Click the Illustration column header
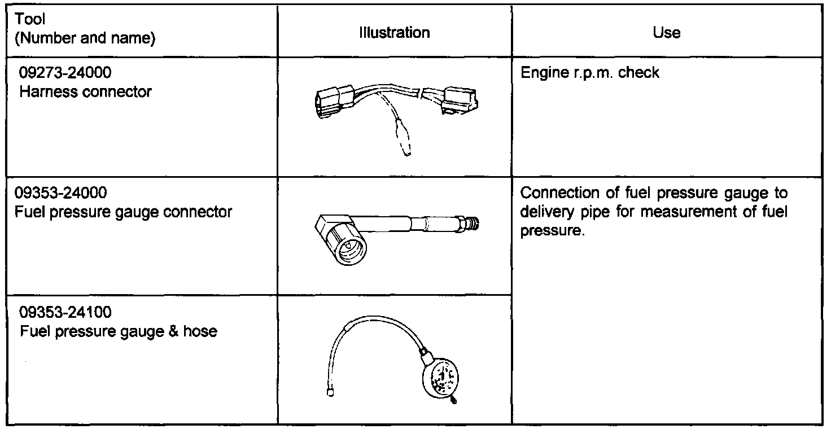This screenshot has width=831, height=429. coord(395,33)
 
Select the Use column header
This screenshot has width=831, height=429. coord(666,33)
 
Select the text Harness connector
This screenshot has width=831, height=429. coord(85,91)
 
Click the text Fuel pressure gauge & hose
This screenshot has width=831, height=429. coord(119,331)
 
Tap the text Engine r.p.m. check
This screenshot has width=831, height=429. coord(589,73)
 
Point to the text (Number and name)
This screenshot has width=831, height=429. coord(85,39)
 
